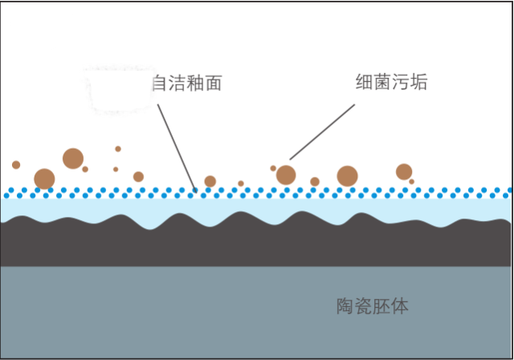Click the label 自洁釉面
(187, 83)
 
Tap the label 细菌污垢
(391, 82)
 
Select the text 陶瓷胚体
(373, 306)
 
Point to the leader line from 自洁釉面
(177, 148)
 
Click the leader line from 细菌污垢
(322, 132)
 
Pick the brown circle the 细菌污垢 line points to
(286, 175)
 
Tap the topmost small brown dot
(118, 149)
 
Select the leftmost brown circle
(16, 165)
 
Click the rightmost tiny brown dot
(412, 182)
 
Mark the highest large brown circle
(73, 158)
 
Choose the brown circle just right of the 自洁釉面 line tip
(210, 181)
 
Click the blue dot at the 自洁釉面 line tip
(195, 190)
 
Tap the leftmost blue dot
(6, 196)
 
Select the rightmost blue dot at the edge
(510, 190)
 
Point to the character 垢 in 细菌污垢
(419, 82)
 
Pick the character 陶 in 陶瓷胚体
(345, 306)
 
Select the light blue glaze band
(255, 207)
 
